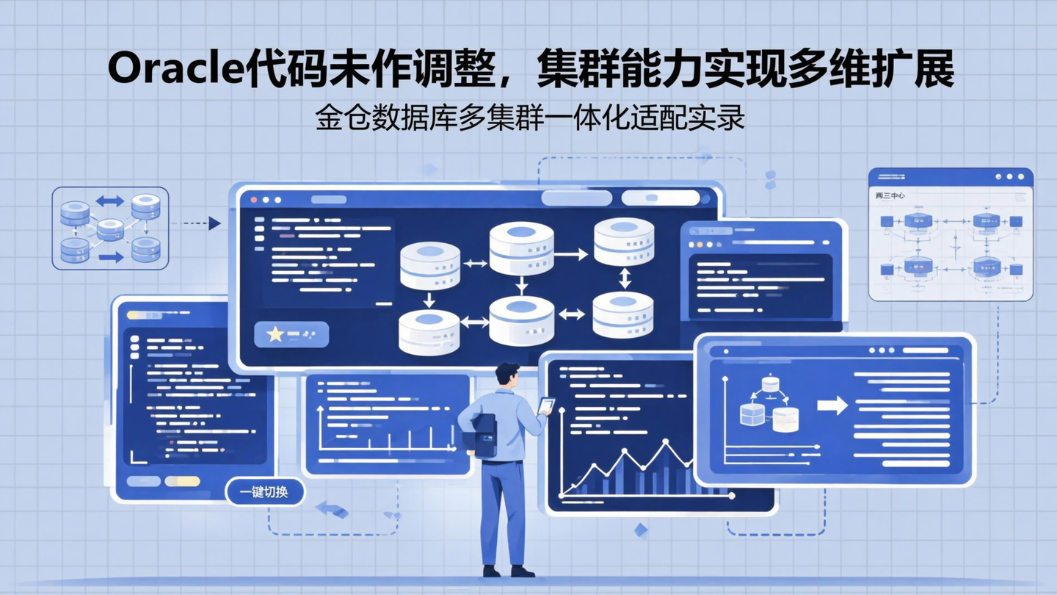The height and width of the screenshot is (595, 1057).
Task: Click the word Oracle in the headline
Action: point(175,71)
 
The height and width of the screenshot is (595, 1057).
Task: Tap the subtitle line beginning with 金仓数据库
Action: point(530,118)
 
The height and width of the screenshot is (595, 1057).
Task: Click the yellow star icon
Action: point(275,334)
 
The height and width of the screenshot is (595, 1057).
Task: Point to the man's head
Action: point(506,374)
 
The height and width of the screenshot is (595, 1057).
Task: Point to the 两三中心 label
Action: point(890,196)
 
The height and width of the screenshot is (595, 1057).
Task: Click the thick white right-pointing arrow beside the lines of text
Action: point(832,405)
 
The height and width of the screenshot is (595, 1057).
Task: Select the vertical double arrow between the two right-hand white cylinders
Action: point(625,278)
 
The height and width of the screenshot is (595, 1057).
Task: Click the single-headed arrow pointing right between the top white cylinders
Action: point(573,254)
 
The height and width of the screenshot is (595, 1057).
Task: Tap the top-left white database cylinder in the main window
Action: point(430,265)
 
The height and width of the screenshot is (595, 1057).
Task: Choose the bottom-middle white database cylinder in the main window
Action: point(522,321)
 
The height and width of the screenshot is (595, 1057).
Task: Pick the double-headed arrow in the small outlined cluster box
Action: point(110,201)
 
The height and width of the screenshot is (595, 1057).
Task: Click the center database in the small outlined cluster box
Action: point(110,229)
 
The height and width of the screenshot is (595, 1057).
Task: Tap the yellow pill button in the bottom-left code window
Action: point(182,481)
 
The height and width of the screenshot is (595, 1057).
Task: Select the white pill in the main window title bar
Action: point(661,198)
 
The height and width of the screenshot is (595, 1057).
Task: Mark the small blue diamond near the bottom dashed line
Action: point(641,530)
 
